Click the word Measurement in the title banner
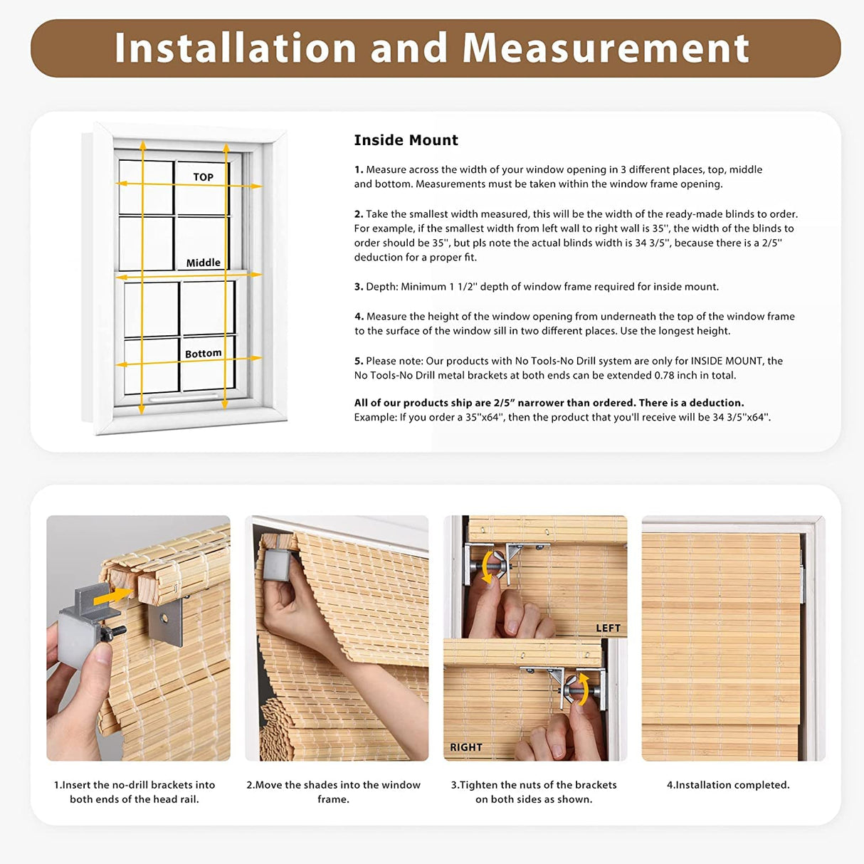coord(605,48)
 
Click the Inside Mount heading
coord(406,140)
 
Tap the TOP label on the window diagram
coord(203,177)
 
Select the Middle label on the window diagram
coord(203,263)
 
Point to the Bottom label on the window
coord(203,354)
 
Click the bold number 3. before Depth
coord(359,287)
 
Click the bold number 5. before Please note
coord(359,361)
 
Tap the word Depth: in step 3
coord(381,287)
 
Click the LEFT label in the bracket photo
coord(608,628)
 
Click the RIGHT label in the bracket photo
coord(466,747)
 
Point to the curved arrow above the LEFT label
coord(488,566)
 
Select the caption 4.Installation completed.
coord(728,785)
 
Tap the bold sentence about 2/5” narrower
coord(549,403)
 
